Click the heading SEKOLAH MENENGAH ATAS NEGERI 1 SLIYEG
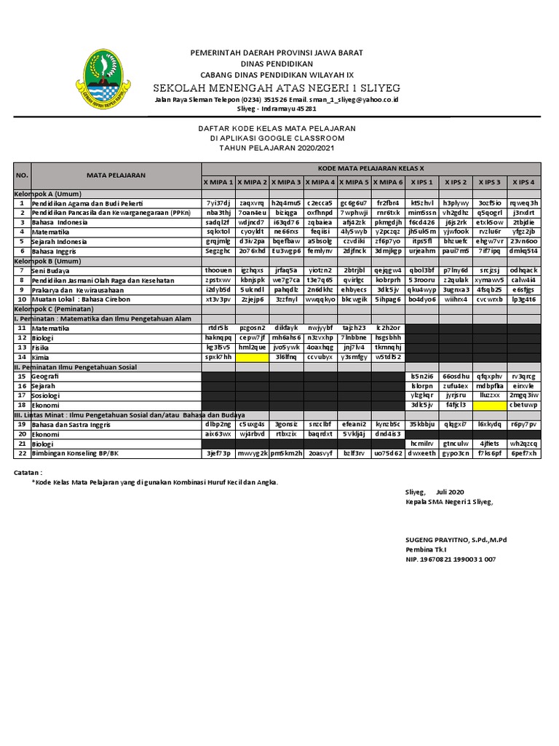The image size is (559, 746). [277, 87]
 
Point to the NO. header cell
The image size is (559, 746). [22, 176]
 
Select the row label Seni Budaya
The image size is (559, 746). [49, 270]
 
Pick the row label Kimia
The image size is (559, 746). [41, 357]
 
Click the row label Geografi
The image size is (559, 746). [46, 376]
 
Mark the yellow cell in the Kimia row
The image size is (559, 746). [252, 357]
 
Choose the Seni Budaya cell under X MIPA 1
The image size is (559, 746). [218, 270]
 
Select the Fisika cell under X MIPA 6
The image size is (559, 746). [388, 348]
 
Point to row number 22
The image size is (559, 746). [22, 452]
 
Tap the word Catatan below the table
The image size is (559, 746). [29, 472]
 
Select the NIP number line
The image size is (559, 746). [451, 559]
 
